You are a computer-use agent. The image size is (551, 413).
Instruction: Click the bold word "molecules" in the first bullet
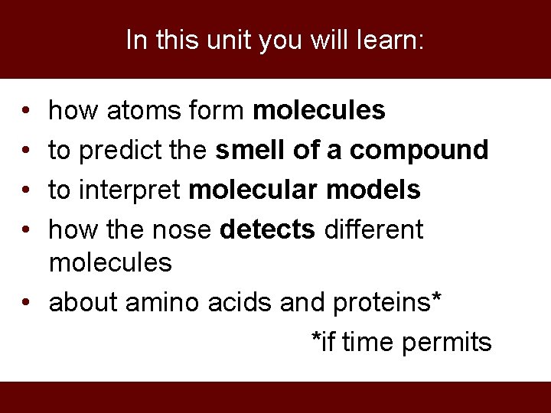(318, 112)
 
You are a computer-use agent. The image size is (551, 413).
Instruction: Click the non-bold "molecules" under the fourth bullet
(110, 263)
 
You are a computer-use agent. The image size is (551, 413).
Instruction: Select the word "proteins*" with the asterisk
(386, 303)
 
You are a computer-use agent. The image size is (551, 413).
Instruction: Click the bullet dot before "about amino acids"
(25, 303)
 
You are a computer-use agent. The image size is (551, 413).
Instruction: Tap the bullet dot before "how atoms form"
(25, 112)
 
